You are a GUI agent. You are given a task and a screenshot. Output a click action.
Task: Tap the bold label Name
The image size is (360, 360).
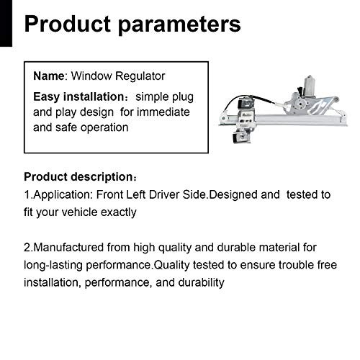(x=47, y=76)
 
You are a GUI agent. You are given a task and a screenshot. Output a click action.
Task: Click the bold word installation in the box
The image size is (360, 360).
(x=91, y=96)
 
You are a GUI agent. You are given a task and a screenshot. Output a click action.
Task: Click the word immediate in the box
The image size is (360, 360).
(x=166, y=112)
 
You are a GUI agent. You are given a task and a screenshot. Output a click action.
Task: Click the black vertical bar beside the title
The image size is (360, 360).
(x=6, y=24)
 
